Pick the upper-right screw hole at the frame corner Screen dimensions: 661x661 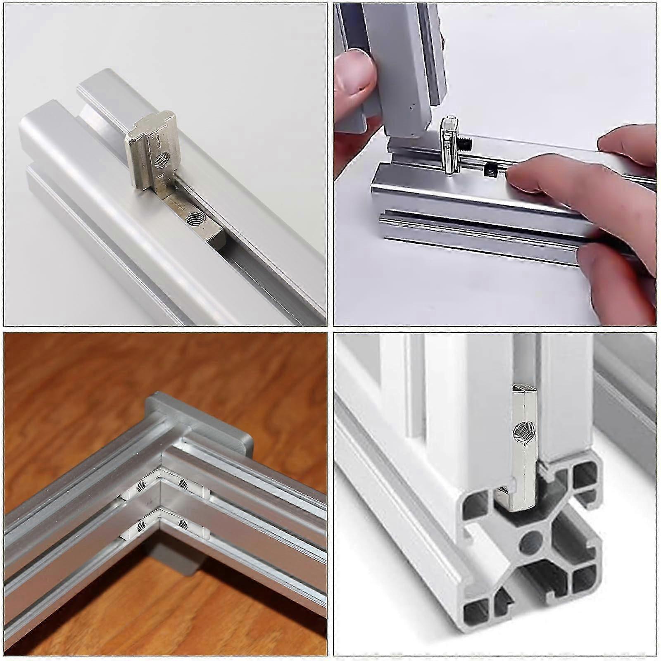click(x=182, y=483)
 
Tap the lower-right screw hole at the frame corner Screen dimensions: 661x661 click(x=182, y=525)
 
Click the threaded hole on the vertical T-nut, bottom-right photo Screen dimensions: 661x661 click(x=519, y=432)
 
